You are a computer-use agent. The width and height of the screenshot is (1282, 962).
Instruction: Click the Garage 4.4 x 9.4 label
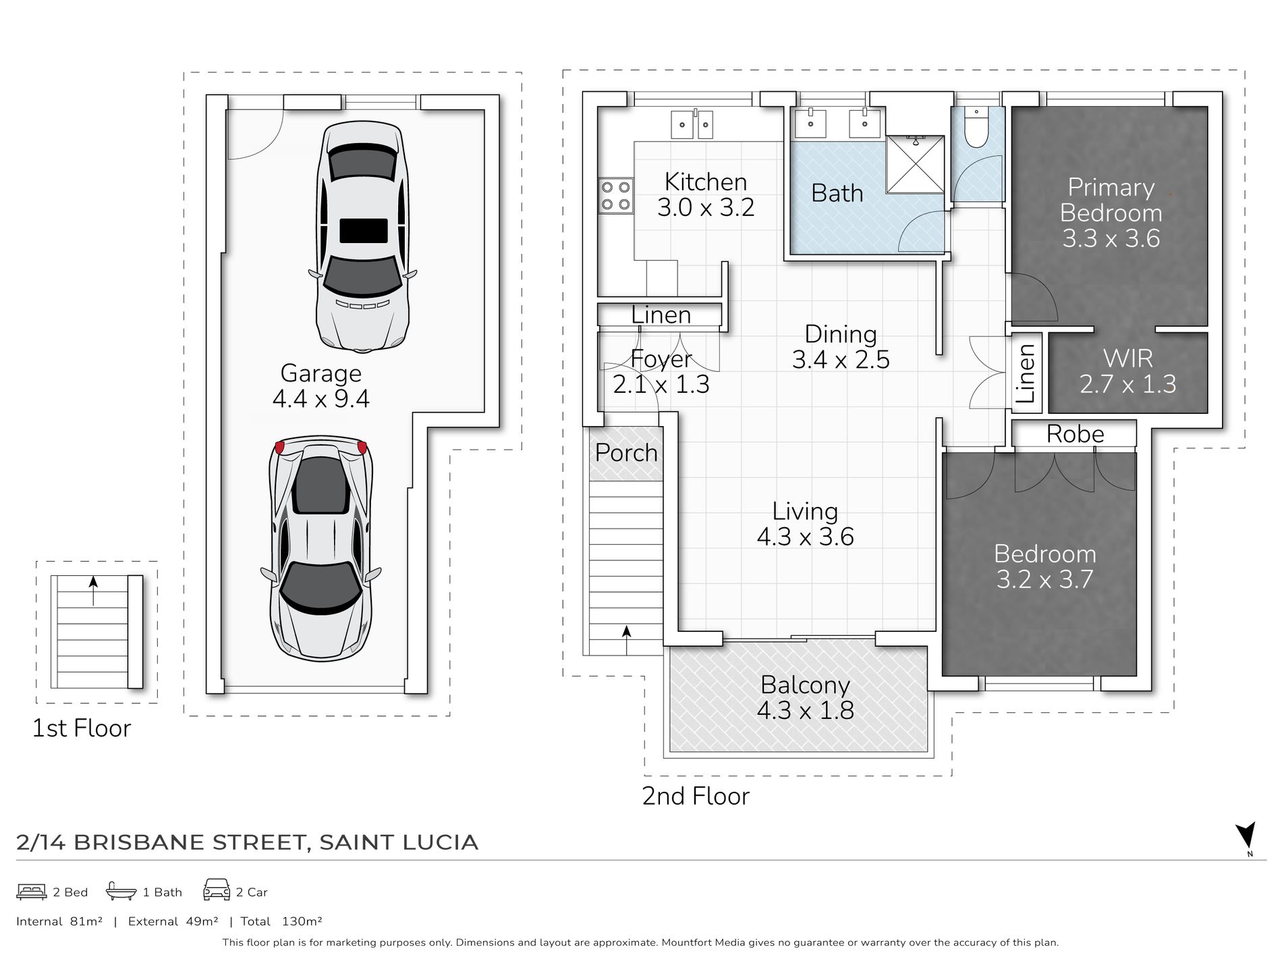coord(321,386)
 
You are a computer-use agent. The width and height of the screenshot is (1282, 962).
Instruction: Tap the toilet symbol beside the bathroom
coord(976,127)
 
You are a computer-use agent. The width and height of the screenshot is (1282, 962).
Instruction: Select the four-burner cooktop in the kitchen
coord(616,195)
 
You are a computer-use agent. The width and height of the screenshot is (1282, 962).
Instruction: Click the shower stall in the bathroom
coord(915,163)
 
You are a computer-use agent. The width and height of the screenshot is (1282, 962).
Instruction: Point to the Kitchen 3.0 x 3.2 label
coord(706,194)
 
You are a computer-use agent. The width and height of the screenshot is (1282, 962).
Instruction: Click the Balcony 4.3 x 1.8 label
coord(805,698)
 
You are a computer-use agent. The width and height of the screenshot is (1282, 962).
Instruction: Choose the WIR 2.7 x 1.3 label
coord(1127,371)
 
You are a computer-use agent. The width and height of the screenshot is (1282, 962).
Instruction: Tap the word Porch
coord(626,453)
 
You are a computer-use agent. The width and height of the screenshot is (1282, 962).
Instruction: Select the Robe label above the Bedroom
coord(1075,434)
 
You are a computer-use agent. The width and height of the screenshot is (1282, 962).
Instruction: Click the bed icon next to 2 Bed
coord(31,892)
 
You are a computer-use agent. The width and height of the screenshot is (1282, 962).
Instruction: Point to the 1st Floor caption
coord(82,728)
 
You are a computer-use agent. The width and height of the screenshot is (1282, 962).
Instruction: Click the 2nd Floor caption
coord(696,797)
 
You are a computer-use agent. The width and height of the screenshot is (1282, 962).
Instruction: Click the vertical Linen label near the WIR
coord(1026,373)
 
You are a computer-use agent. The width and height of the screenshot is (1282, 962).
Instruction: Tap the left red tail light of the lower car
coord(280,448)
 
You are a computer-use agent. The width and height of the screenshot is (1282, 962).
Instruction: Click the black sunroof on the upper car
coord(364,230)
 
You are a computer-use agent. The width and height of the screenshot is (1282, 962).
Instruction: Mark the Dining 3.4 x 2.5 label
coord(841,347)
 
